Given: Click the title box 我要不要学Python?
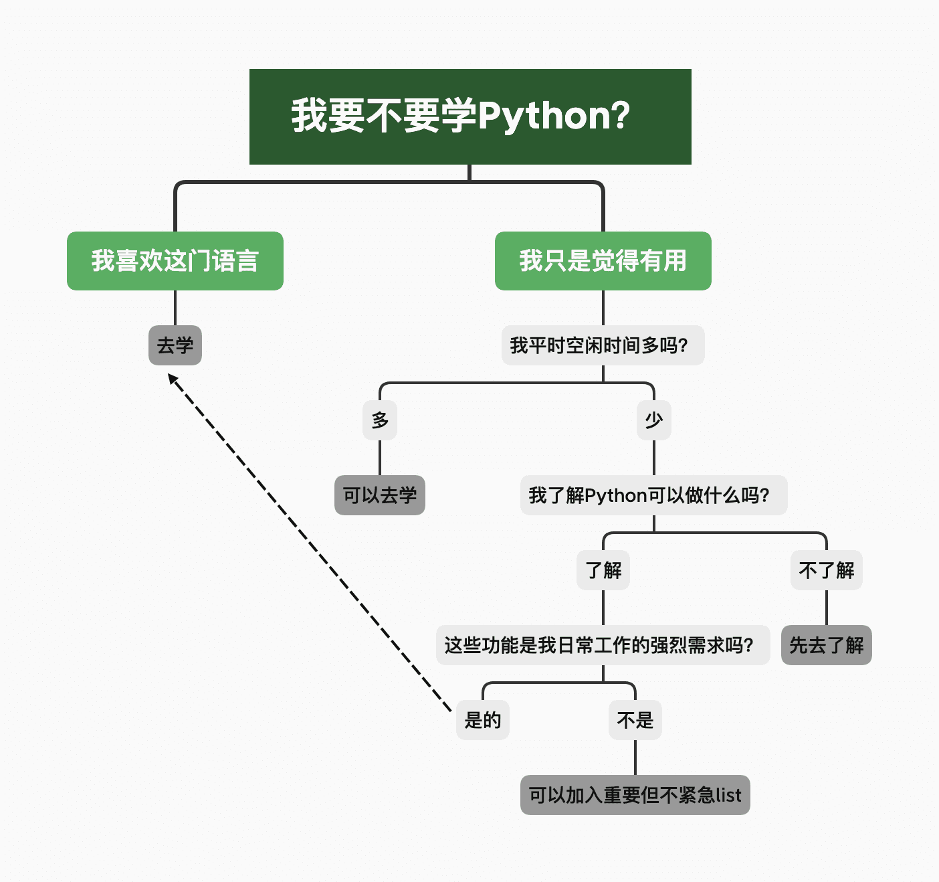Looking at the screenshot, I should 469,116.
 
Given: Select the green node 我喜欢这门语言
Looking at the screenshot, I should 175,261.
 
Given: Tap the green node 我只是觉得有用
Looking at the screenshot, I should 603,261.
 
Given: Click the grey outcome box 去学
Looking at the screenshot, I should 175,345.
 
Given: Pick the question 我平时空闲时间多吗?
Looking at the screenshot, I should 603,345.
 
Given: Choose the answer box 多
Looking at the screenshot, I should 380,420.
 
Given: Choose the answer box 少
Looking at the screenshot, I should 653,420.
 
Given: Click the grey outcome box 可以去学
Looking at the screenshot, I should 380,495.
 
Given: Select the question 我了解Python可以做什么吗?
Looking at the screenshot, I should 653,495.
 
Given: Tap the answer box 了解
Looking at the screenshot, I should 603,570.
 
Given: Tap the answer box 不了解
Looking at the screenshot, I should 826,570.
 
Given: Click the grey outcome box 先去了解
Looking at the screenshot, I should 826,645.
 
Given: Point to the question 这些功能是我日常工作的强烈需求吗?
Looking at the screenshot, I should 603,645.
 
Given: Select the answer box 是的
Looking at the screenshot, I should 482,720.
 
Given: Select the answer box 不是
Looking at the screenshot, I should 635,720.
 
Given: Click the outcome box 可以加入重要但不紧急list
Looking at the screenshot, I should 635,795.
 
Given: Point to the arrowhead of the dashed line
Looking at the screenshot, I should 172,379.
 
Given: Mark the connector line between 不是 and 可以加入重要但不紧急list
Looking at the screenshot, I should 635,758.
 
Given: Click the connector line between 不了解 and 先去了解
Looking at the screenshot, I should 826,608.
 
